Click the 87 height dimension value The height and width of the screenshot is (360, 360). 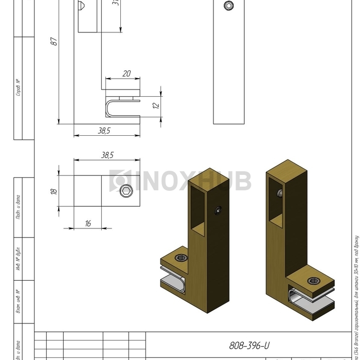coord(53,42)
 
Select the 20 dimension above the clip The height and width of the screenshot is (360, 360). coord(127,74)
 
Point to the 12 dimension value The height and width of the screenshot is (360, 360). coord(156,106)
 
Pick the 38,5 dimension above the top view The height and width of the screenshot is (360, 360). coord(107,154)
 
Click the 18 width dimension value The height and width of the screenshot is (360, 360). coord(53,191)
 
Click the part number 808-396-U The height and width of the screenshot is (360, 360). coord(249,346)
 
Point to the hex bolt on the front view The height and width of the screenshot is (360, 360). coord(228,6)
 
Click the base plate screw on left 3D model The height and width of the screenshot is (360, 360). coord(179,258)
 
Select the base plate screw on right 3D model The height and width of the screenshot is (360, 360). coord(314,281)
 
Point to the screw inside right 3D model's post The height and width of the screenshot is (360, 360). coord(280,193)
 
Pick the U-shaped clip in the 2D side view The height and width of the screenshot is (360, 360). coord(117,107)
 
